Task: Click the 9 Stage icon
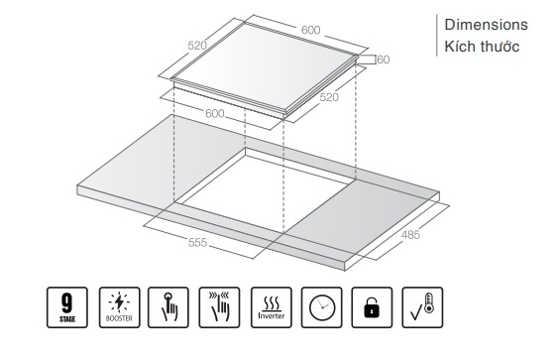pyautogui.click(x=67, y=307)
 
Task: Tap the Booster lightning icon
pyautogui.click(x=119, y=307)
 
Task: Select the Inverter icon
pyautogui.click(x=272, y=307)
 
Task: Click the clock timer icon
pyautogui.click(x=321, y=307)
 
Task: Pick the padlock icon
pyautogui.click(x=372, y=307)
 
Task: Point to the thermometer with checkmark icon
pyautogui.click(x=422, y=307)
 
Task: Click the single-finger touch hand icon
pyautogui.click(x=168, y=307)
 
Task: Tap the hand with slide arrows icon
pyautogui.click(x=219, y=307)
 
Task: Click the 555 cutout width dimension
pyautogui.click(x=197, y=243)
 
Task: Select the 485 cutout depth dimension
pyautogui.click(x=410, y=235)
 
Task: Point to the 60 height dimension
pyautogui.click(x=384, y=60)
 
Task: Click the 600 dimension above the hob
pyautogui.click(x=311, y=30)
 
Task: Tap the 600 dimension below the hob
pyautogui.click(x=215, y=113)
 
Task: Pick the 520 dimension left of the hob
pyautogui.click(x=197, y=46)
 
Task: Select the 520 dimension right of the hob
pyautogui.click(x=329, y=97)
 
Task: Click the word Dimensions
pyautogui.click(x=486, y=25)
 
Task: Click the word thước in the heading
pyautogui.click(x=500, y=47)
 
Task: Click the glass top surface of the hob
pyautogui.click(x=264, y=67)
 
